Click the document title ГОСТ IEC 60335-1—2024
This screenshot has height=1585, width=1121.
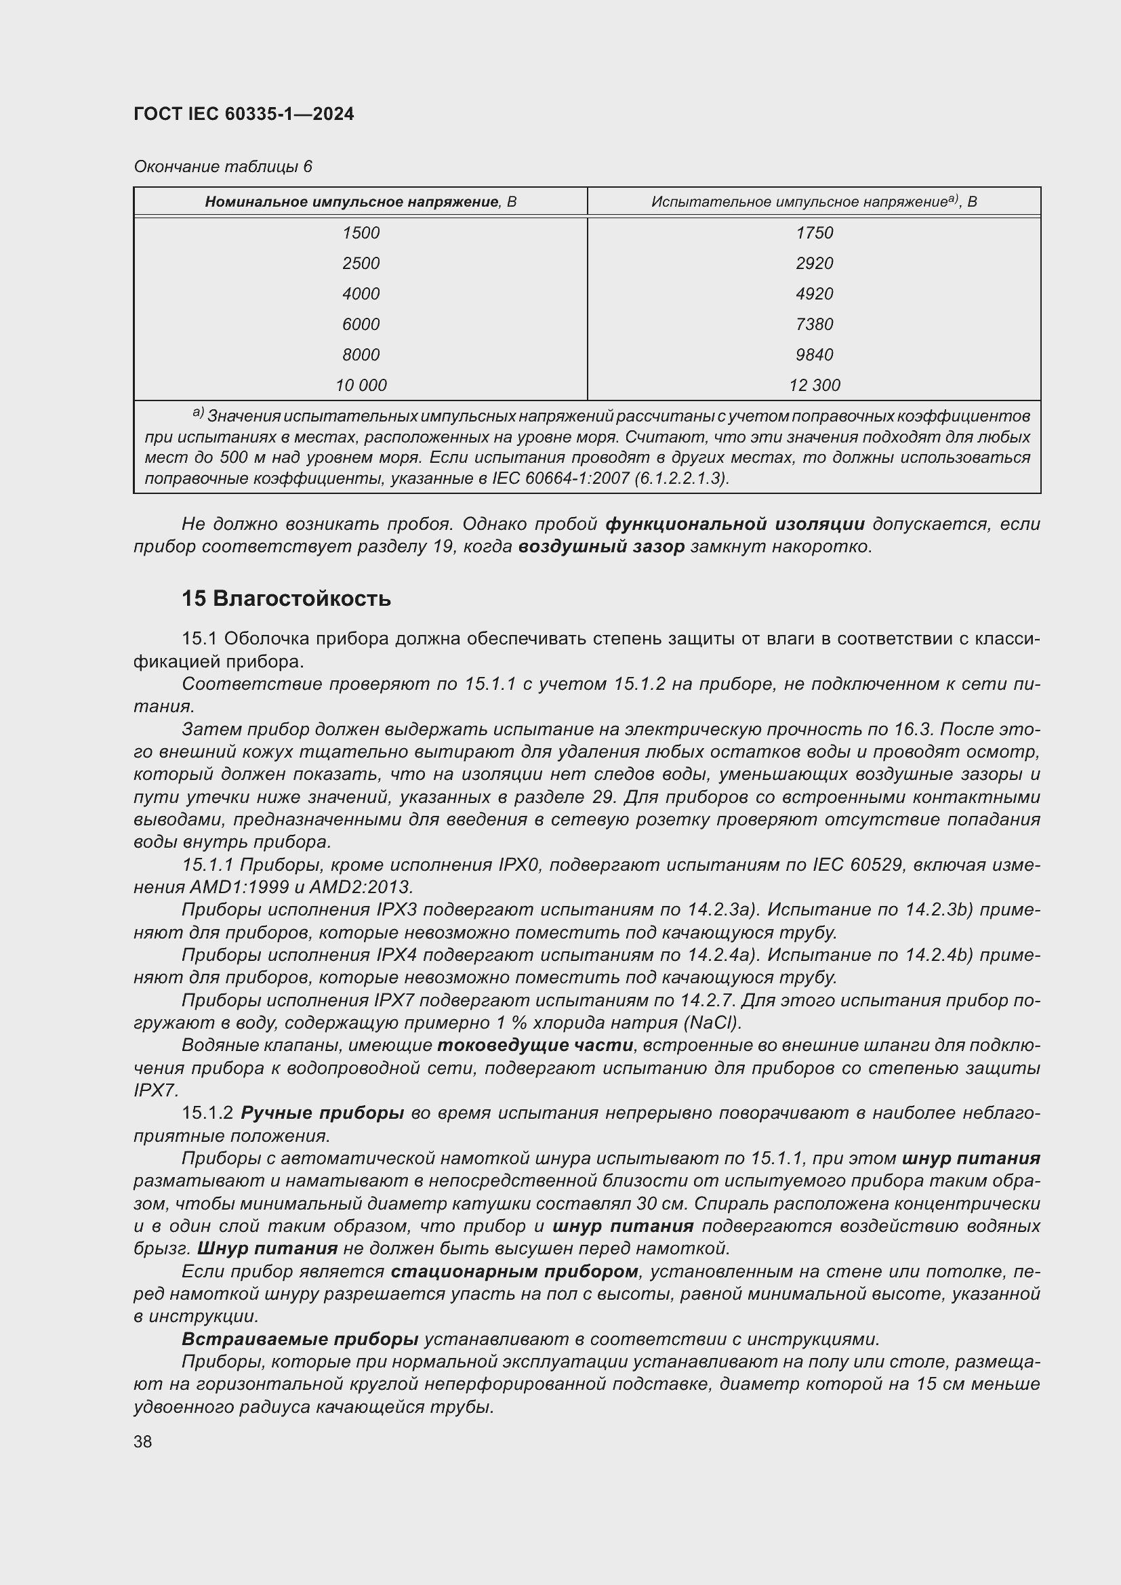click(x=244, y=114)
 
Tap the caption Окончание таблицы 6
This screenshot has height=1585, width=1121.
click(x=223, y=167)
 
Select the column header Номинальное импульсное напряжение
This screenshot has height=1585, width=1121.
click(x=360, y=201)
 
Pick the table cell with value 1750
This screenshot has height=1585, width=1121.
click(x=815, y=232)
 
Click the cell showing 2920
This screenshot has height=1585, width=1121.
click(x=815, y=263)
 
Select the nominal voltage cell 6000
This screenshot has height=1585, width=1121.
click(x=361, y=324)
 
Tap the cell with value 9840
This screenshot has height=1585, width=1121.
click(x=815, y=354)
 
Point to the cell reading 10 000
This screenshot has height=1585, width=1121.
click(x=361, y=385)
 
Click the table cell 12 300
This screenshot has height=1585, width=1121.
click(x=815, y=385)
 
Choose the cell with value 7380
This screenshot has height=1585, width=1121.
click(x=815, y=324)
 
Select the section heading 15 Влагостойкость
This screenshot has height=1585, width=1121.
click(x=286, y=598)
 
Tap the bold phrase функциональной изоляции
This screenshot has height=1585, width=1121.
click(x=735, y=524)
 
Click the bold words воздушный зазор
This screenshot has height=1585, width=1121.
click(x=601, y=547)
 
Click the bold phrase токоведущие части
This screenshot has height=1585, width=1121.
click(x=535, y=1045)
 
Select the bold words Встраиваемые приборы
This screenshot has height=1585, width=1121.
click(x=300, y=1339)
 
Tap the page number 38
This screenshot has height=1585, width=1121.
click(x=143, y=1441)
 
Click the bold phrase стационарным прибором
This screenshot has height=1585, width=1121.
click(x=514, y=1271)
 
